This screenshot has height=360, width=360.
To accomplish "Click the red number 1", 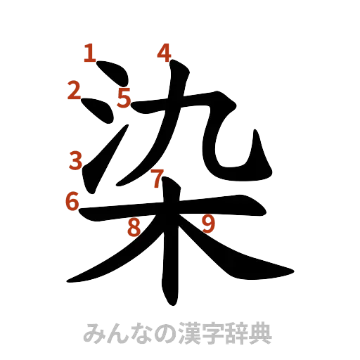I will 90,53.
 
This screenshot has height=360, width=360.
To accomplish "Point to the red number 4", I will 164,53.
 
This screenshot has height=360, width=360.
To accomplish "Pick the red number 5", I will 124,98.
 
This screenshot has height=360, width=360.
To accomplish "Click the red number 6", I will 71,202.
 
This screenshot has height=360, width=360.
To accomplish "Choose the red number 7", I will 158,179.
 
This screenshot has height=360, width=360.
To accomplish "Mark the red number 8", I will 133,227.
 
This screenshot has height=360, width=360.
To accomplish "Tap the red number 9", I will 207,224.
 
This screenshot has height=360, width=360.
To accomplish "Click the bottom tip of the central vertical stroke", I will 169,299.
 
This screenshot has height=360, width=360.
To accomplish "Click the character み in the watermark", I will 92,333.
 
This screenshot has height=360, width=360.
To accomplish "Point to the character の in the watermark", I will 163,333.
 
